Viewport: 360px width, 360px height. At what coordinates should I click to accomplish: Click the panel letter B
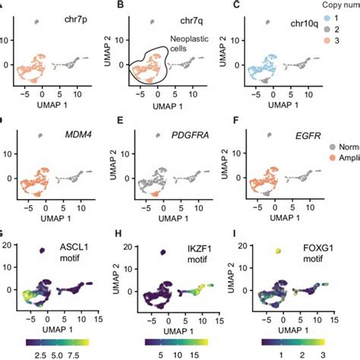pos(119,6)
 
